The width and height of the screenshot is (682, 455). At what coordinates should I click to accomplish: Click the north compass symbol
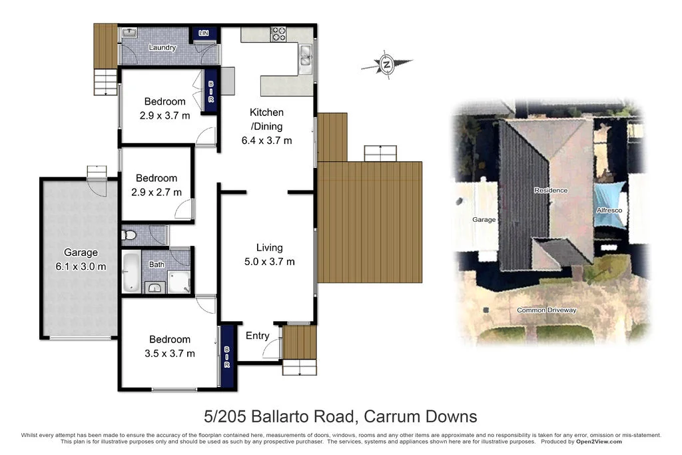click(x=386, y=65)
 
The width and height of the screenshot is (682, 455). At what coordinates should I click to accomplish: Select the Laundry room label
click(x=163, y=47)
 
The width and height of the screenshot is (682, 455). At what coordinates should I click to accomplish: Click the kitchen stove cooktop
click(x=277, y=33)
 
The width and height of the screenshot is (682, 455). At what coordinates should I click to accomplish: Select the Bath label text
click(x=157, y=264)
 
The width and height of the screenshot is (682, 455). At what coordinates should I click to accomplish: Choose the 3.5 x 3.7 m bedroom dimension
click(x=169, y=353)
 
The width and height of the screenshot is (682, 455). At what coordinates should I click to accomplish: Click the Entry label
click(x=258, y=335)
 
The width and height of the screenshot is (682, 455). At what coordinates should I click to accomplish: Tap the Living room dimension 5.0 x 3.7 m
click(x=270, y=261)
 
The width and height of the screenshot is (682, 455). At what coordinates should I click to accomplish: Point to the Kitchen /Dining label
click(x=266, y=119)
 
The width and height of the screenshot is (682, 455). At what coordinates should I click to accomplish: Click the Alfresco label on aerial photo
click(x=609, y=210)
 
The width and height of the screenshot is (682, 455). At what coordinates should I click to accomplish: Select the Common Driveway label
click(x=547, y=310)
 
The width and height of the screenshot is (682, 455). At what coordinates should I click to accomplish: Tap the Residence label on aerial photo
click(x=551, y=191)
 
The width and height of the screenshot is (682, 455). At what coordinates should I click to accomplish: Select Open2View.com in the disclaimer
click(x=599, y=442)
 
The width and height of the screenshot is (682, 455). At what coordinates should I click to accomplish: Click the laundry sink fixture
click(x=129, y=33)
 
